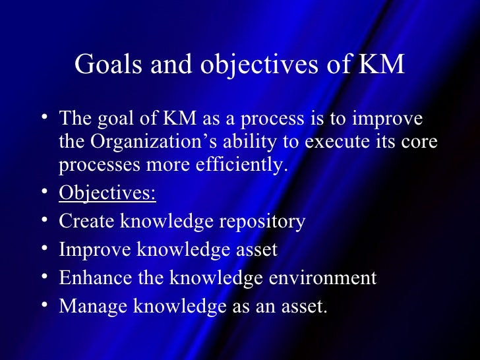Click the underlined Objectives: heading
(x=107, y=195)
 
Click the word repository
(x=266, y=222)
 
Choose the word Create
(x=86, y=222)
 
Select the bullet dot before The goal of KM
(x=44, y=119)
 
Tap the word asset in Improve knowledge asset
(x=253, y=251)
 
